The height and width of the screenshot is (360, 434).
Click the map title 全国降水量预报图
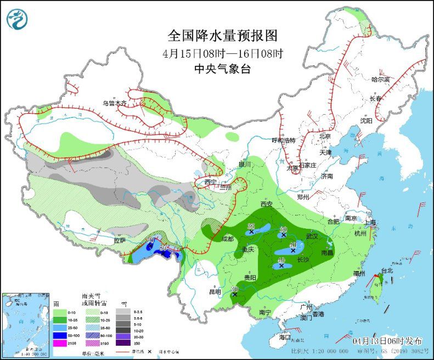coord(222,36)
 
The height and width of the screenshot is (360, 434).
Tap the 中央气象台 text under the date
coord(222,69)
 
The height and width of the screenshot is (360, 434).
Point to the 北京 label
coord(325,136)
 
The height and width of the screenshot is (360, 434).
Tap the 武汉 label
coord(312,236)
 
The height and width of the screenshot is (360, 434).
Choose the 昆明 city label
coord(215,292)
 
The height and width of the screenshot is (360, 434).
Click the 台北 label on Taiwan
coord(387,271)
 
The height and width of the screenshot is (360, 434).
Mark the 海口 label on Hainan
coord(284,336)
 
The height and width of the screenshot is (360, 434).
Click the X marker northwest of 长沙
coord(293,250)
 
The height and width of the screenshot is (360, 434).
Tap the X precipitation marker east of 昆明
coord(234,295)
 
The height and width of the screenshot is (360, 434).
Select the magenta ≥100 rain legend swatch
coord(13,343)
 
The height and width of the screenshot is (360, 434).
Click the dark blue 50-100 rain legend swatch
coord(13,334)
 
